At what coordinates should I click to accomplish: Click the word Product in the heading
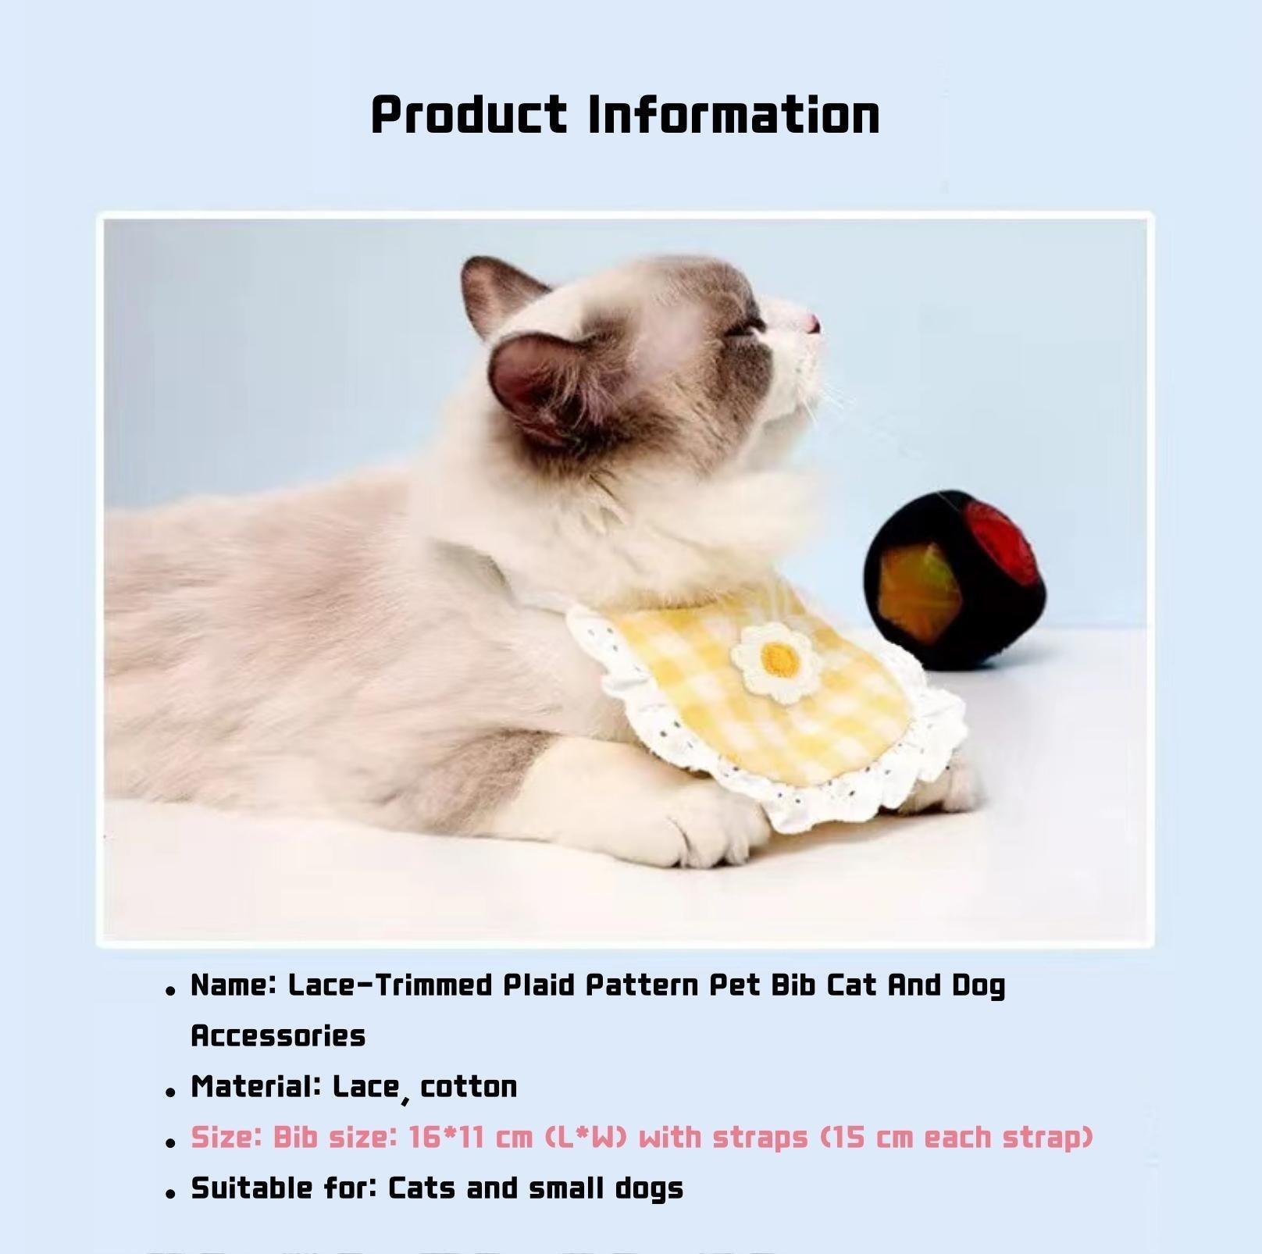pyautogui.click(x=469, y=116)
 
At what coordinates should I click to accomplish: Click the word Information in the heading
pyautogui.click(x=733, y=116)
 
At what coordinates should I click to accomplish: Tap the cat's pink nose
pyautogui.click(x=812, y=322)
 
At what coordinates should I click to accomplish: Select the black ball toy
pyautogui.click(x=948, y=577)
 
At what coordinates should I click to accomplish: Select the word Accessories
pyautogui.click(x=278, y=1036)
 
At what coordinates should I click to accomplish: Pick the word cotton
pyautogui.click(x=469, y=1087)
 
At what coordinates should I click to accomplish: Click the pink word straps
pyautogui.click(x=760, y=1138)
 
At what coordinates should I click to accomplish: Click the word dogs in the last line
pyautogui.click(x=649, y=1188)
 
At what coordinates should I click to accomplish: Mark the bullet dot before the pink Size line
pyautogui.click(x=170, y=1143)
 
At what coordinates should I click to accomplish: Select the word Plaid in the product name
pyautogui.click(x=539, y=985)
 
